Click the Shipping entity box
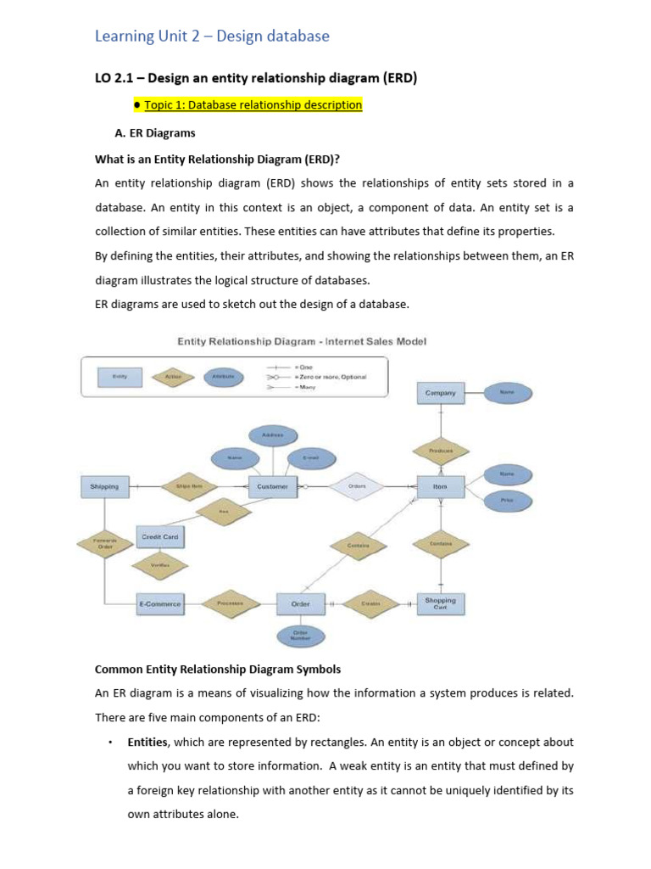point(105,486)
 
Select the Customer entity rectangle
point(271,486)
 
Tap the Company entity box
point(440,393)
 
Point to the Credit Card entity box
point(159,537)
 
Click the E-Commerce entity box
point(159,603)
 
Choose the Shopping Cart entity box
point(440,603)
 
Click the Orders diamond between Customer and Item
point(357,486)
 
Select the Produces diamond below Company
point(440,451)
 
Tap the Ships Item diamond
point(189,486)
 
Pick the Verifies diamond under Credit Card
point(159,565)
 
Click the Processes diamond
point(230,603)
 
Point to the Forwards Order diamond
point(105,543)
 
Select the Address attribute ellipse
point(271,435)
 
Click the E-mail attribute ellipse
point(311,458)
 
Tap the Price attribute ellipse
point(507,501)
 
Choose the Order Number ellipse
point(301,636)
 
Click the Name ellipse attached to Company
point(507,392)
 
